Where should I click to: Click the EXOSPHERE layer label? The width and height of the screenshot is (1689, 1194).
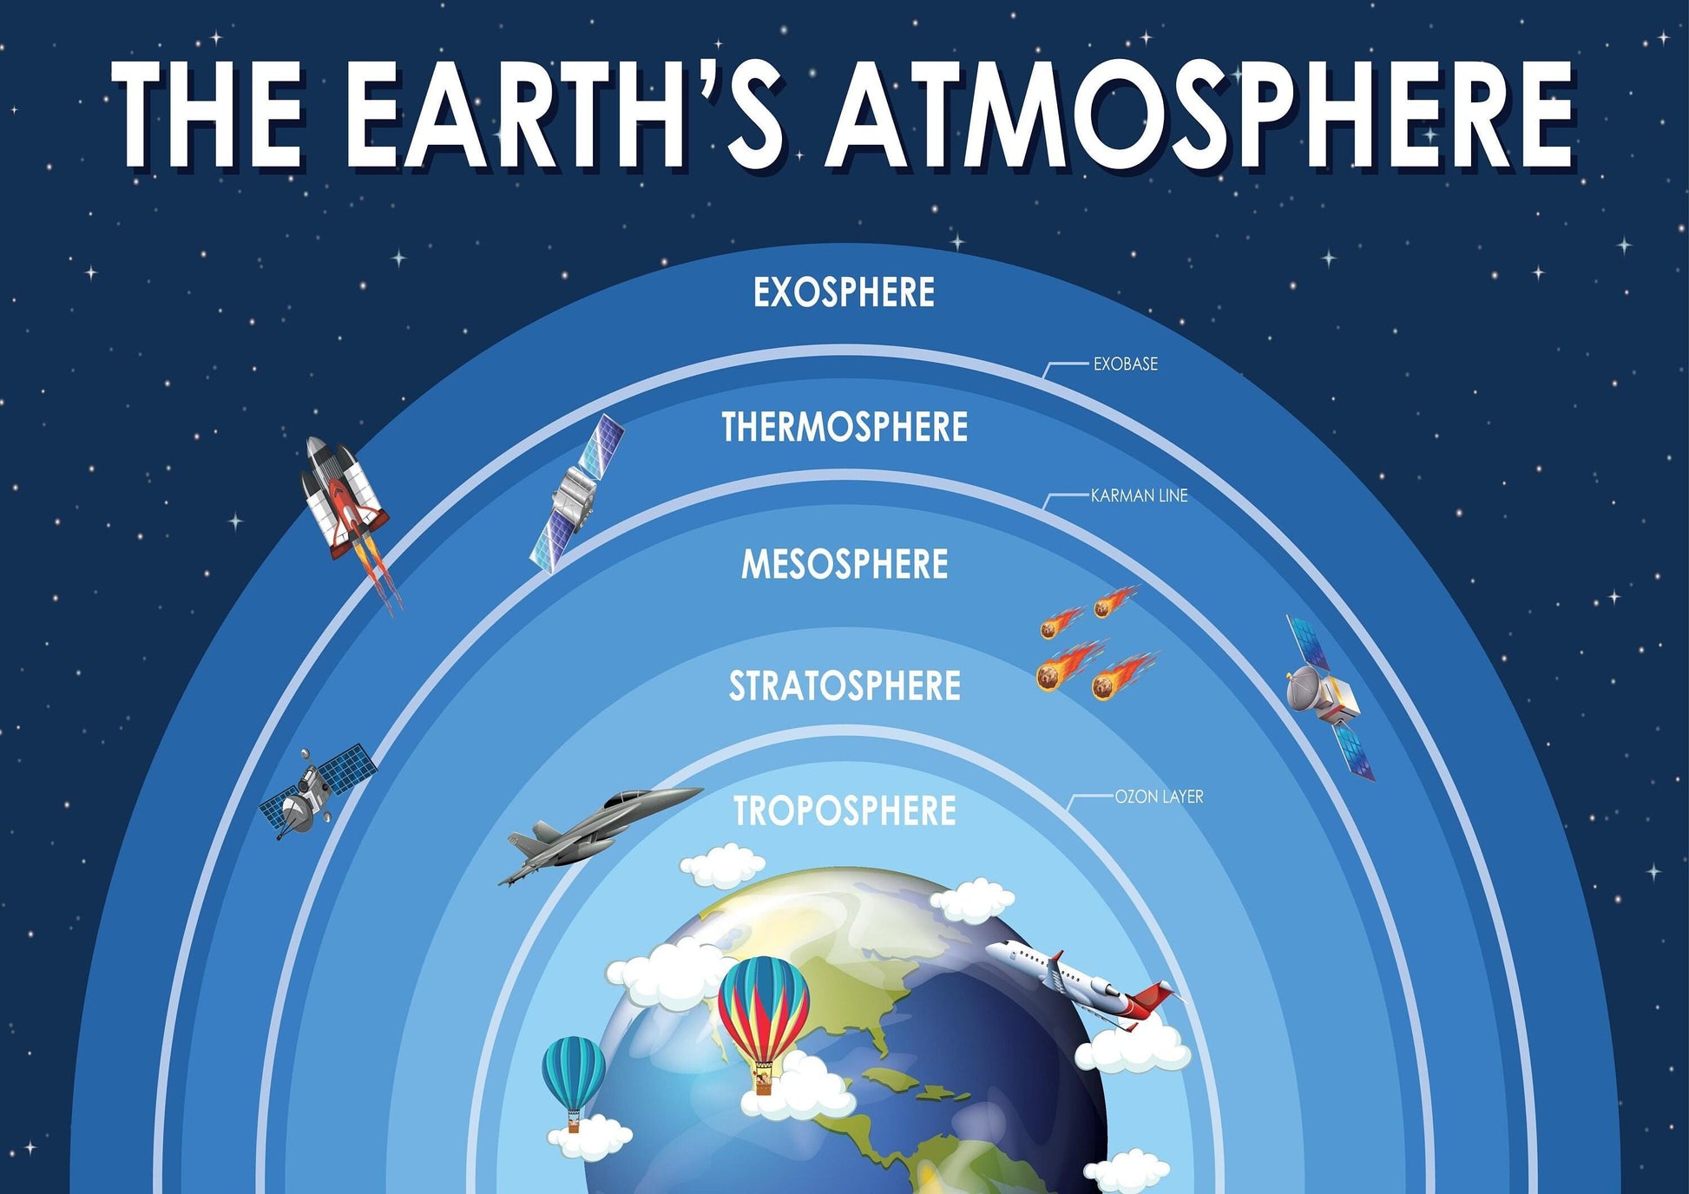[844, 292]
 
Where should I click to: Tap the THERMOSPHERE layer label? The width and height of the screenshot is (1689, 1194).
[844, 427]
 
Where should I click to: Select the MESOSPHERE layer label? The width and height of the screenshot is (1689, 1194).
[844, 564]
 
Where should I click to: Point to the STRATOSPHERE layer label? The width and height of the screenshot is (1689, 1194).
[844, 686]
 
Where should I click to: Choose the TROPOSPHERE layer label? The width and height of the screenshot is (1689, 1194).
[844, 810]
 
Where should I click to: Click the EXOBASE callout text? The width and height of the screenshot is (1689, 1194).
[1125, 364]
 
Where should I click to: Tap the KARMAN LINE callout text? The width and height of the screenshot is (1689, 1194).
[1139, 495]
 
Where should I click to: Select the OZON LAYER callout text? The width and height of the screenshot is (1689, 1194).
[1159, 797]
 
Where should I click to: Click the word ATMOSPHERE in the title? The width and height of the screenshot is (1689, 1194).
[1200, 113]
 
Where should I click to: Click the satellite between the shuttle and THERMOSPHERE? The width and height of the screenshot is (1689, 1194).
[575, 493]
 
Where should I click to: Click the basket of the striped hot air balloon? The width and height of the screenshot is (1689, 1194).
[763, 1081]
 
